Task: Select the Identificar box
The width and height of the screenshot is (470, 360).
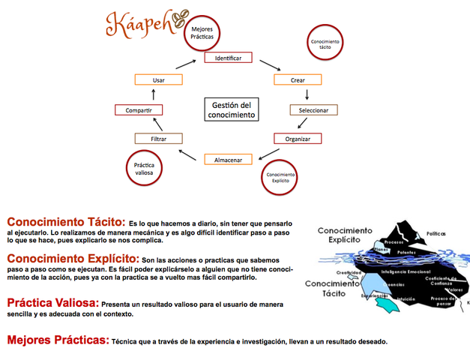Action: [x=227, y=58]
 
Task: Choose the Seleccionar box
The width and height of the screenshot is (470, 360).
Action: [x=313, y=110]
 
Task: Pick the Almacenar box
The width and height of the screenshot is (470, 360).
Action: [x=227, y=159]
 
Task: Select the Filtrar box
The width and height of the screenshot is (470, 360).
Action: [x=157, y=139]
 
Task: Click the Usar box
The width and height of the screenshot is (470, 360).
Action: [x=158, y=79]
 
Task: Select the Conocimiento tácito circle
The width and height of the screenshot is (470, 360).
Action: [x=325, y=45]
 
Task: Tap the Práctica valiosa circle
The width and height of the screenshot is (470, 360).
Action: [x=143, y=169]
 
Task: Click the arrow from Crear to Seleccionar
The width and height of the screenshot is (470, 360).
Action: [x=307, y=94]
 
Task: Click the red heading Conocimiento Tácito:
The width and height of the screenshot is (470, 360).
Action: [x=65, y=222]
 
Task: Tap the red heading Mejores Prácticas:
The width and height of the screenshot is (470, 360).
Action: [x=58, y=340]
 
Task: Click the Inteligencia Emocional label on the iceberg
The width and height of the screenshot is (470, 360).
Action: [x=404, y=271]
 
